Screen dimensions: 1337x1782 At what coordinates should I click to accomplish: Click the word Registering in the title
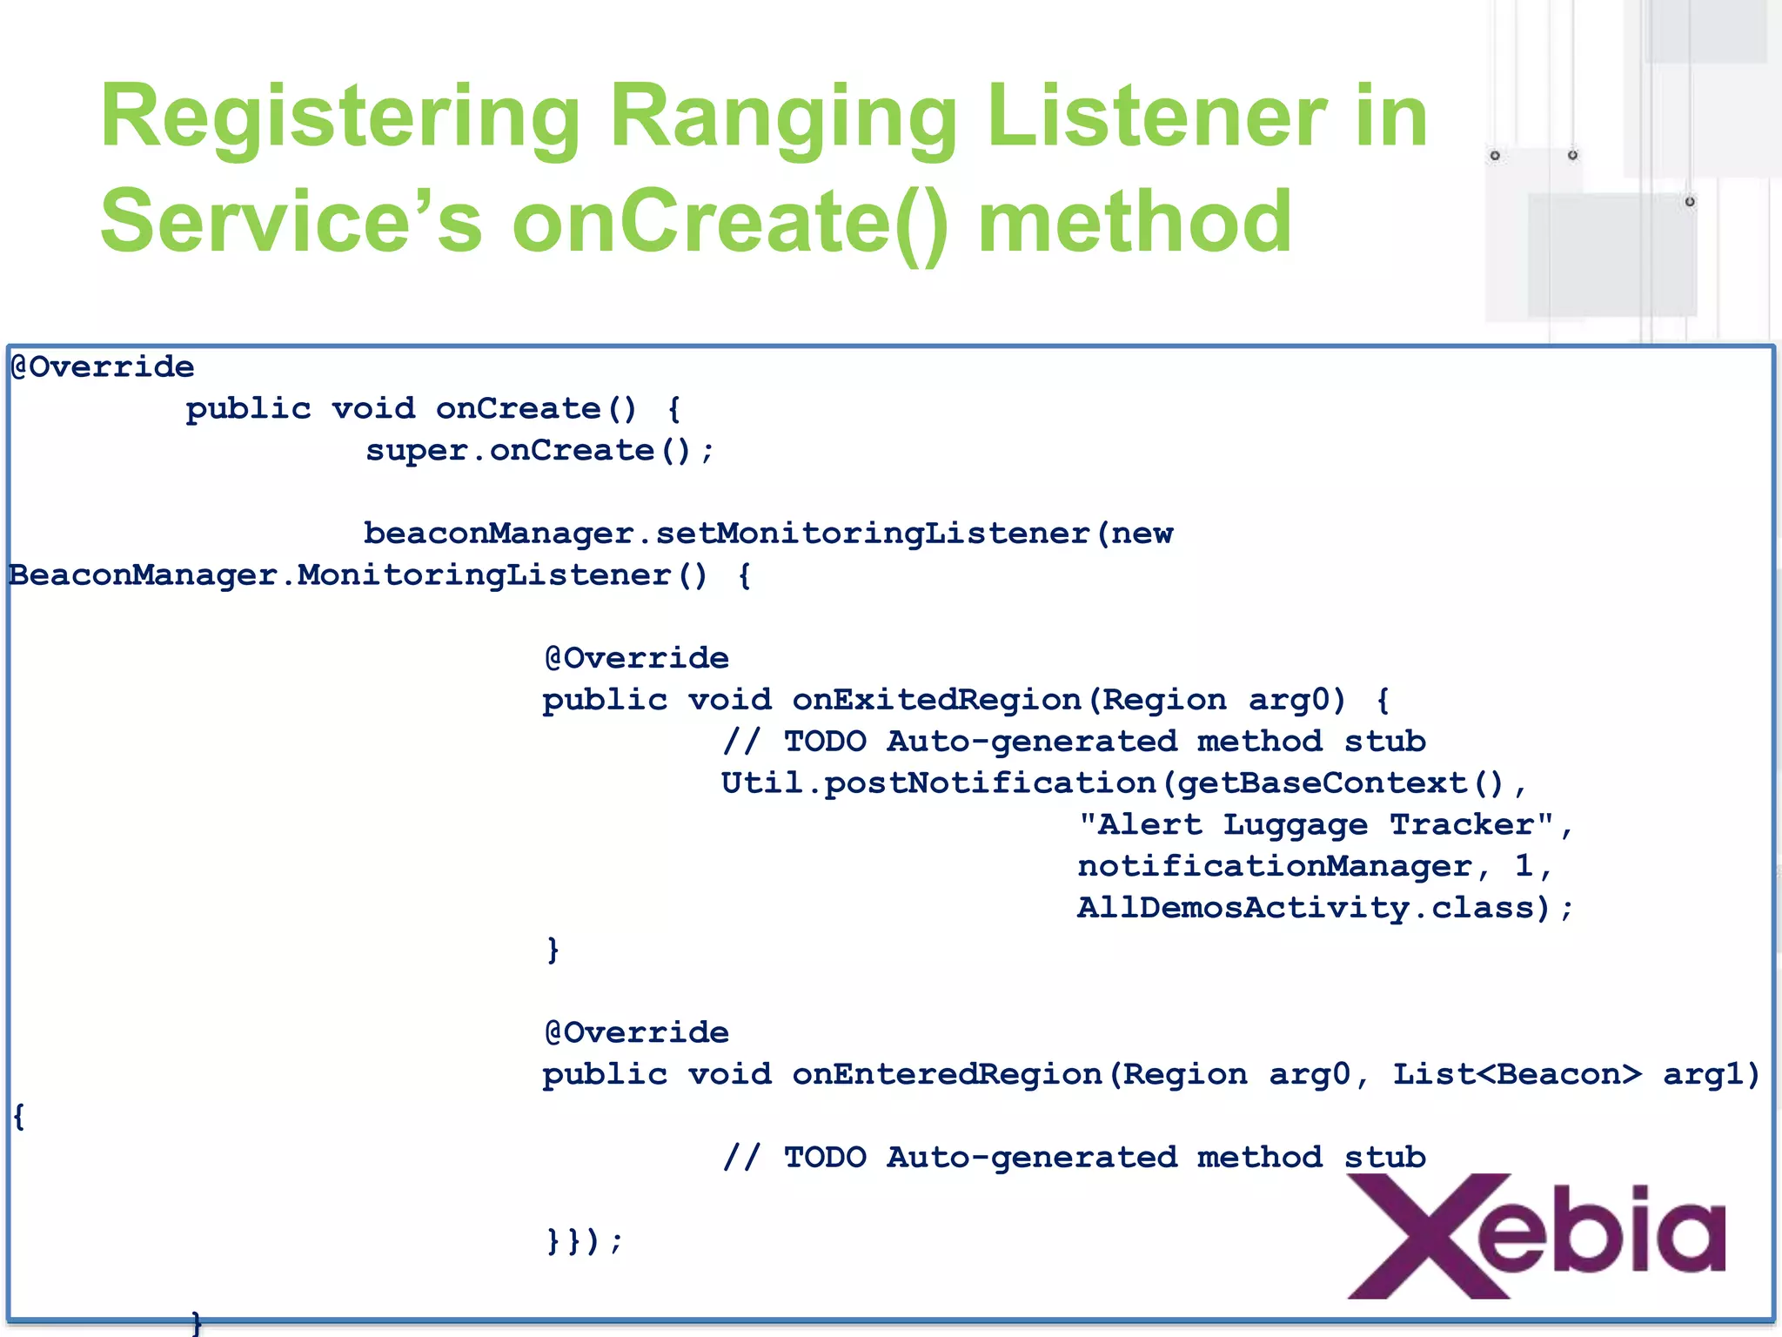(x=340, y=118)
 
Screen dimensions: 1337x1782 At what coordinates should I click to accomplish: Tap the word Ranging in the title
(x=783, y=118)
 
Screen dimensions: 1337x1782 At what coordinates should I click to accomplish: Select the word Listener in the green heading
(x=1157, y=118)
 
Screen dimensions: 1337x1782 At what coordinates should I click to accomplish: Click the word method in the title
(x=1135, y=222)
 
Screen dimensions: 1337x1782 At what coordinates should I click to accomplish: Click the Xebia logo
(x=1536, y=1236)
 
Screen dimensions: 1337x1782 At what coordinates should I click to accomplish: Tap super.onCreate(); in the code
(x=539, y=451)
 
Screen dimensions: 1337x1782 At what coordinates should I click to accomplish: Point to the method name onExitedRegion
(x=936, y=700)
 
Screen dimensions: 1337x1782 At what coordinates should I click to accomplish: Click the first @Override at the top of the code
(x=103, y=367)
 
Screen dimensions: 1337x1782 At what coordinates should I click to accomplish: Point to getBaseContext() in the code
(x=1340, y=783)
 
